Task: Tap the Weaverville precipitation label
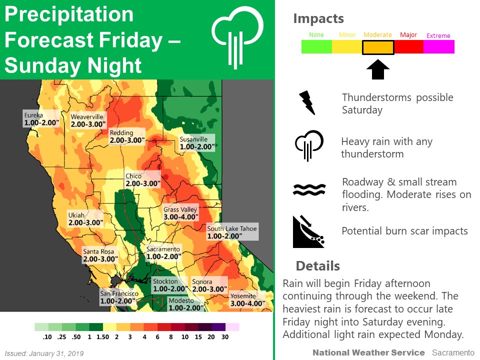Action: [88, 120]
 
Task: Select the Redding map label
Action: [126, 136]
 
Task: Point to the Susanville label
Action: [196, 143]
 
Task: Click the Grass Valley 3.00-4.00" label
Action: [181, 213]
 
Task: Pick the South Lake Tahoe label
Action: [232, 232]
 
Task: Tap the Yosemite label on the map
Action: [246, 299]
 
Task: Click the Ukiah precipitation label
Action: [85, 219]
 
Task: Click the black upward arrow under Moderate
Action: [378, 69]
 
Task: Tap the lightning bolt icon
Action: [306, 102]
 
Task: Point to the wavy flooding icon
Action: [309, 189]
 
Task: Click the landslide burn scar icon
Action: [308, 232]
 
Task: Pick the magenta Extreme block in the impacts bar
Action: [438, 47]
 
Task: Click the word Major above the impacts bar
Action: [408, 35]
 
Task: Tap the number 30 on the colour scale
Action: [225, 337]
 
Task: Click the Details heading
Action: [317, 265]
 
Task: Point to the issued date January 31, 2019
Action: [44, 353]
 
